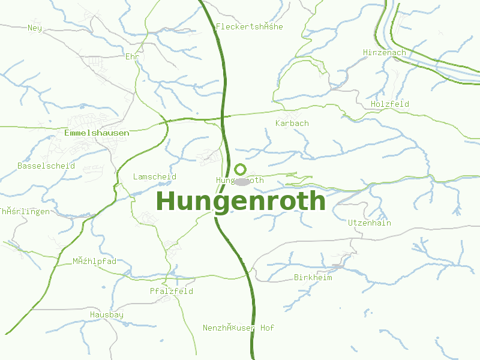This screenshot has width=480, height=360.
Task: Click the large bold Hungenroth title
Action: (x=241, y=201)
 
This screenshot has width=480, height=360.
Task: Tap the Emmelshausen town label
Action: (x=96, y=133)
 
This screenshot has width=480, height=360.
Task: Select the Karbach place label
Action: (x=292, y=123)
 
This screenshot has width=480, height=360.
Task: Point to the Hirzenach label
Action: (x=384, y=53)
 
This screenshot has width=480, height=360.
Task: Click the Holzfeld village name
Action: (x=390, y=104)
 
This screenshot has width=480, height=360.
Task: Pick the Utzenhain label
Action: (x=370, y=223)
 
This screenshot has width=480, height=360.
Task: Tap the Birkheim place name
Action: (x=313, y=277)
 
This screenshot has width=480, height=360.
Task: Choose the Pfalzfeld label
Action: (x=172, y=291)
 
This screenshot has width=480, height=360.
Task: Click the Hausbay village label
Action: (x=107, y=314)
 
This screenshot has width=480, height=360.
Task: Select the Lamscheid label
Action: (x=155, y=176)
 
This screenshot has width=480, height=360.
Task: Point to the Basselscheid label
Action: (x=46, y=166)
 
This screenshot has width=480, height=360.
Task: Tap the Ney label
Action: (x=34, y=28)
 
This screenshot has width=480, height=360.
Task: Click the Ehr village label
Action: (x=132, y=56)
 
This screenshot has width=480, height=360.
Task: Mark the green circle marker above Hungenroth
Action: (x=241, y=169)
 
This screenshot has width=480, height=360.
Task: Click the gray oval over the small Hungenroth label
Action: (x=242, y=181)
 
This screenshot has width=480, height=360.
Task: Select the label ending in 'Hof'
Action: (x=238, y=328)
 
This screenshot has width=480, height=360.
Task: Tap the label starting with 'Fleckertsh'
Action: (x=249, y=26)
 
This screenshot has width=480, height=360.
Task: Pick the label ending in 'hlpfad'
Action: (x=94, y=261)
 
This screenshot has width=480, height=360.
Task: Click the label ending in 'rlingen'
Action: (x=25, y=211)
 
